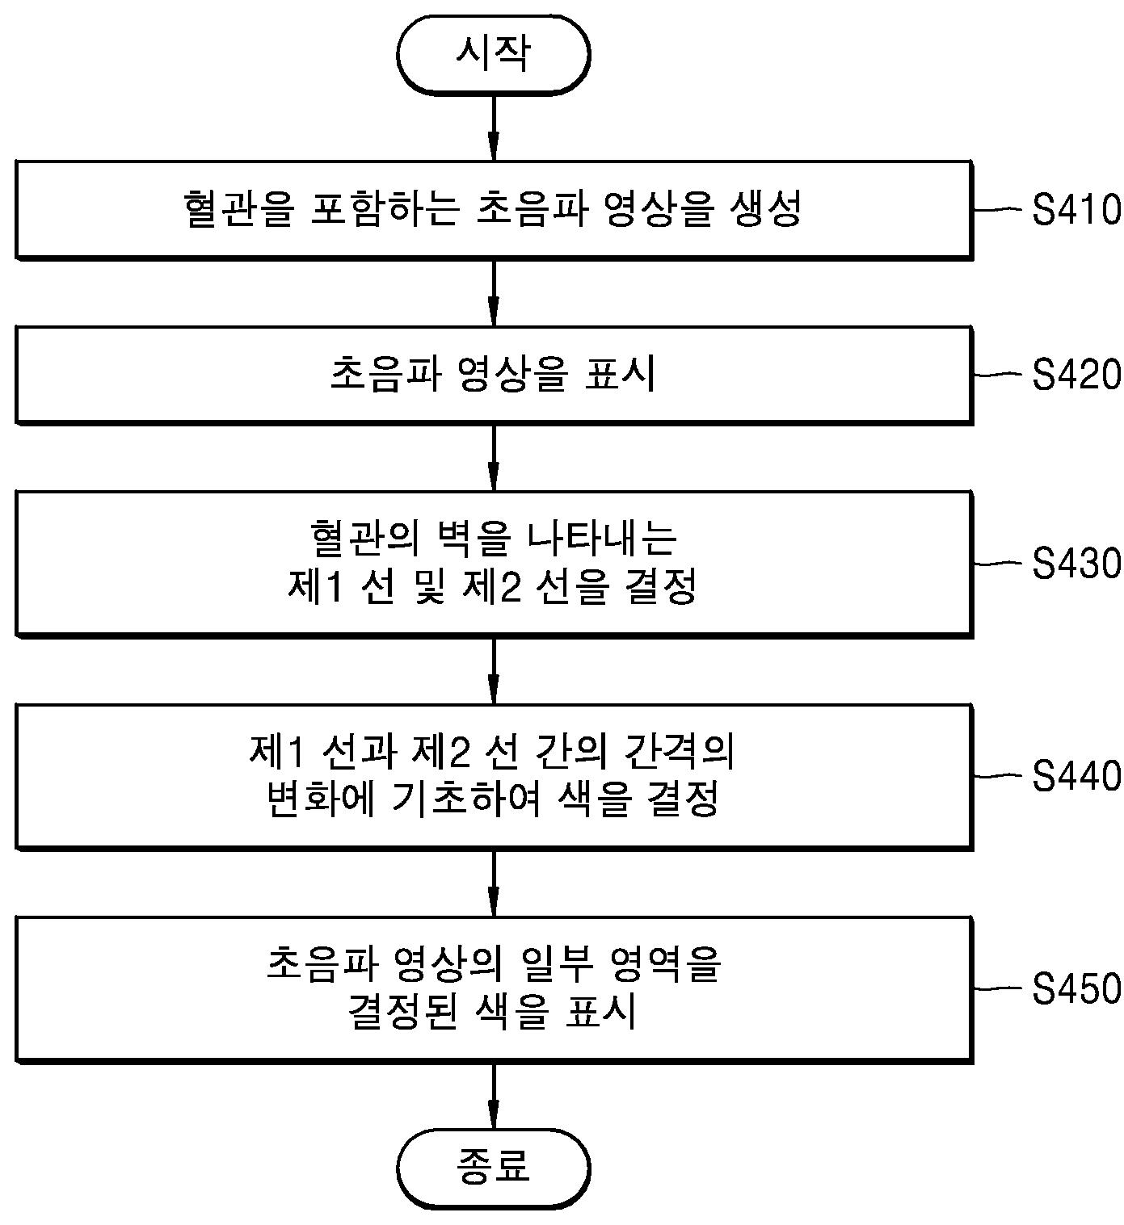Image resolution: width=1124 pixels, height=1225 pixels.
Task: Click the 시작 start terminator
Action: pyautogui.click(x=493, y=55)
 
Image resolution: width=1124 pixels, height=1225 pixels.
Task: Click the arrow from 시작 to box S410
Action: pyautogui.click(x=494, y=128)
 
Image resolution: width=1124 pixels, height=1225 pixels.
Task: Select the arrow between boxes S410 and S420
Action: pyautogui.click(x=494, y=292)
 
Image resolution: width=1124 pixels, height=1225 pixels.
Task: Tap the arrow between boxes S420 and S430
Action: pyautogui.click(x=494, y=457)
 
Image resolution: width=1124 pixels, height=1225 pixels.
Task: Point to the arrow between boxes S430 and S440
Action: pyautogui.click(x=494, y=670)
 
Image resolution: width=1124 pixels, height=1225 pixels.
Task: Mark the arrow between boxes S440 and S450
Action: pyautogui.click(x=494, y=883)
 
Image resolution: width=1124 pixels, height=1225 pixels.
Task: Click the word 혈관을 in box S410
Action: pyautogui.click(x=236, y=209)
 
